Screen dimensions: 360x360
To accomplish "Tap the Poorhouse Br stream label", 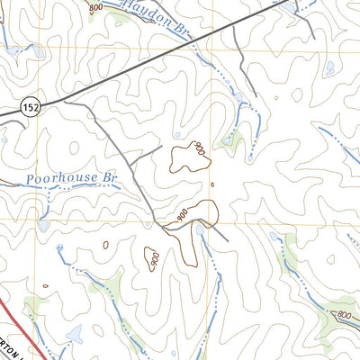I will click(x=72, y=178).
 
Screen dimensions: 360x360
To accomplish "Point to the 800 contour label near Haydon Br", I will click(x=96, y=7).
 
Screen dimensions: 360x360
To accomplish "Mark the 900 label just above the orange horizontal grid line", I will click(x=183, y=217).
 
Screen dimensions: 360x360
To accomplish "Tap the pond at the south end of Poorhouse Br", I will click(x=43, y=226).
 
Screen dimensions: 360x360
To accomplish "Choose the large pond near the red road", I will click(x=74, y=335).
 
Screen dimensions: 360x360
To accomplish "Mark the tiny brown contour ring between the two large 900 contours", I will click(x=212, y=186).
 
